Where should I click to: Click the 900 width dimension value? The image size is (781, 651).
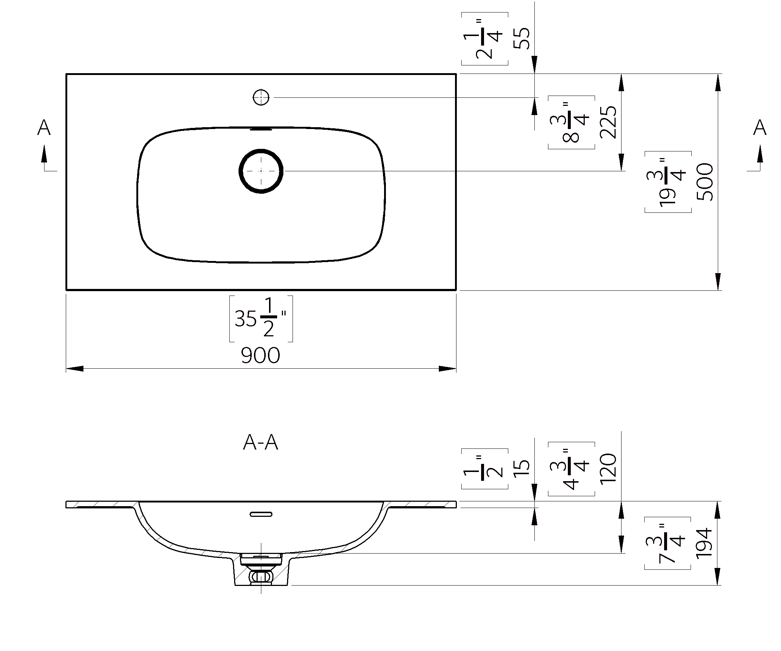260,355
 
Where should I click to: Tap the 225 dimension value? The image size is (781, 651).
608,122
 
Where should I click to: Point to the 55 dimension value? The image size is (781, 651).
522,38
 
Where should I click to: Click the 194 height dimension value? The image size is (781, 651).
704,543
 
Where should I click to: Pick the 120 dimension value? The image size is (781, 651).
608,468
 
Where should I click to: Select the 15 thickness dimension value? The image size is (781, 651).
522,468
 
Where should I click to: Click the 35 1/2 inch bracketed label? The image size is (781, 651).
261,318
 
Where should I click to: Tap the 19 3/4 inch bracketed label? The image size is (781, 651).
668,182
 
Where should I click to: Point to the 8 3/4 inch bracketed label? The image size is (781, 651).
571,122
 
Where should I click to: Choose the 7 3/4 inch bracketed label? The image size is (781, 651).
667,543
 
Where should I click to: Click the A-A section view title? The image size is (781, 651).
260,443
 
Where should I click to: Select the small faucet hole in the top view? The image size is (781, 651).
261,97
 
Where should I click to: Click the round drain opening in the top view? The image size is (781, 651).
261,171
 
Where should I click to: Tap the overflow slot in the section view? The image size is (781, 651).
261,514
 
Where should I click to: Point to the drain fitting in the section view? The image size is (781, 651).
261,569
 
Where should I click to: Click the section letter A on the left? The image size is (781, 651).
44,128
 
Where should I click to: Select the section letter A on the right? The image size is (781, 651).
760,128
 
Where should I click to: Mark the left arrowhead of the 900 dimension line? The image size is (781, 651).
74,369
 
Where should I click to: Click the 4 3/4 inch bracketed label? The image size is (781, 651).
571,469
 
